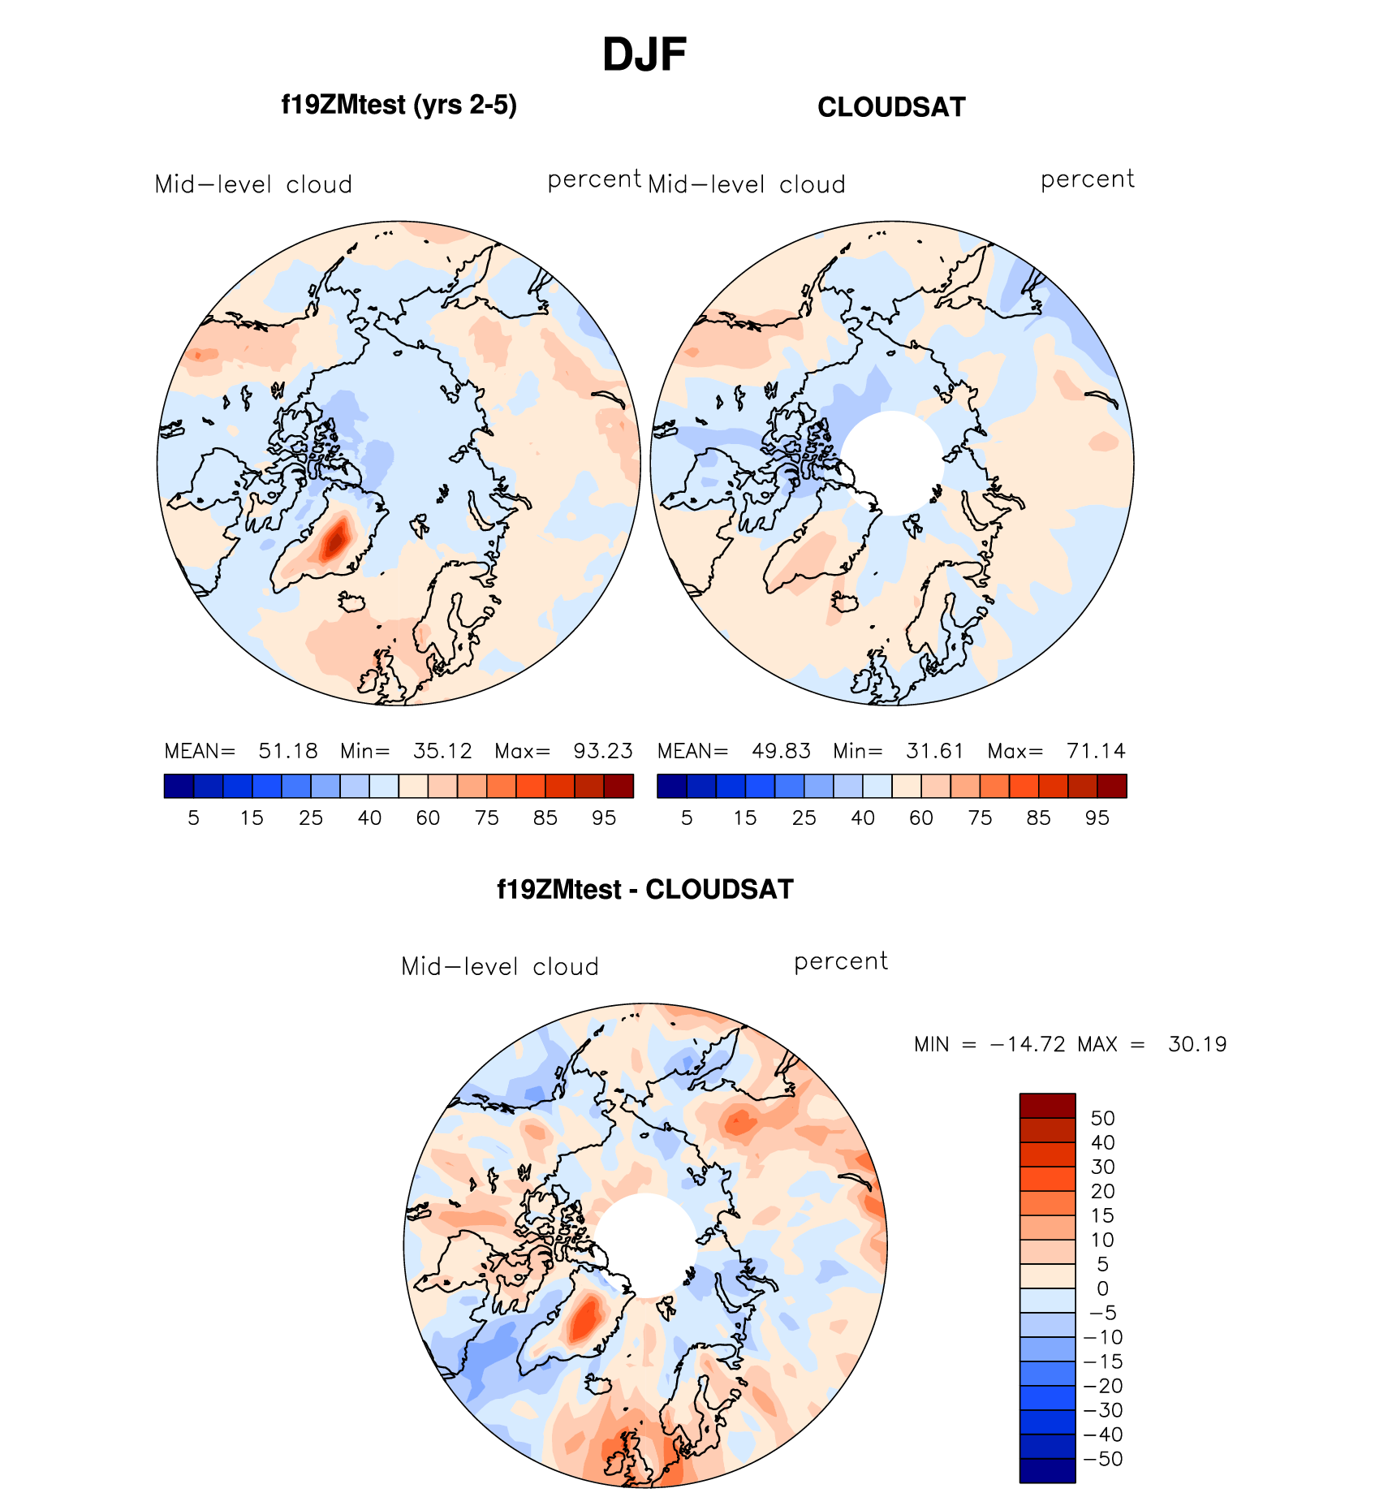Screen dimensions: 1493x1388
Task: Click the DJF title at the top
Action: (644, 55)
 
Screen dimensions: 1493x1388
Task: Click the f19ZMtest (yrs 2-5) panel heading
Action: (399, 106)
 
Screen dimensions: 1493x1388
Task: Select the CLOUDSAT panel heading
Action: (891, 107)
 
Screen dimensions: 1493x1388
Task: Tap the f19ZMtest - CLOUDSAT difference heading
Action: (644, 890)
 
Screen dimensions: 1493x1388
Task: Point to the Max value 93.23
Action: (602, 751)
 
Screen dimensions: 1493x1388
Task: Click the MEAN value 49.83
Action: (781, 751)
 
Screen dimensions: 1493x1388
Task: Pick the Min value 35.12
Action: (442, 751)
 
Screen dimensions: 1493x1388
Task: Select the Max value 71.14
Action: (1096, 751)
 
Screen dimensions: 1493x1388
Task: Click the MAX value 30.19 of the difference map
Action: (1197, 1044)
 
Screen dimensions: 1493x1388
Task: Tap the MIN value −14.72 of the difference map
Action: (1028, 1044)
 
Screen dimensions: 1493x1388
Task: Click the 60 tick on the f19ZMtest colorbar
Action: (428, 818)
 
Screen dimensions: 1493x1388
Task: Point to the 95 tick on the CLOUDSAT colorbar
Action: (1097, 818)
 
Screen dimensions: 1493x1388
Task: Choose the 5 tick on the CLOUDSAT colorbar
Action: (687, 818)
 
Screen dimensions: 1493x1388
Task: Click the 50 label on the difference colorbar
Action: (1102, 1119)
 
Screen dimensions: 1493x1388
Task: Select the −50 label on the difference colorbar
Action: (1102, 1459)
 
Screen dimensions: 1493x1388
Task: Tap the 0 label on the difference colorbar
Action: (1102, 1288)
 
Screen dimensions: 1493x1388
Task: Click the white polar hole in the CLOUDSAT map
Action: (892, 463)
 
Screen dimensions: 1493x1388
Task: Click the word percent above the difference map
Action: (841, 962)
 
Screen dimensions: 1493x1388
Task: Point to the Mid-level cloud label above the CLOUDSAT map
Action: (747, 185)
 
